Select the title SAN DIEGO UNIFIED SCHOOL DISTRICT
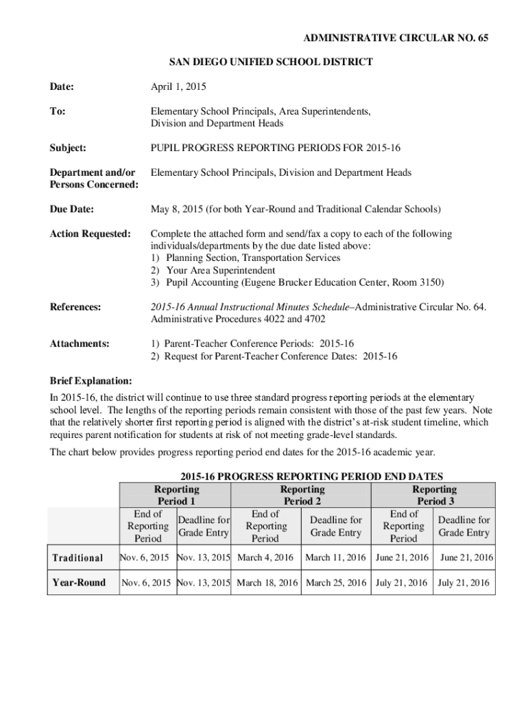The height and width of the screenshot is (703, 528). [271, 62]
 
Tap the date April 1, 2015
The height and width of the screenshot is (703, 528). [178, 87]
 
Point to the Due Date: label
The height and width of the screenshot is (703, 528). [71, 209]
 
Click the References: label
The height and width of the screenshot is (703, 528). [75, 307]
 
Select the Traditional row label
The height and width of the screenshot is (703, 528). [78, 557]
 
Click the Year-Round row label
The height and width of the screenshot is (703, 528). [79, 583]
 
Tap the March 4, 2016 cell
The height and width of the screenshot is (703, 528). [266, 557]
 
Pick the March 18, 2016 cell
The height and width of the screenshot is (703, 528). [267, 583]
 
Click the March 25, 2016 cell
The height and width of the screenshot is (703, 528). [336, 583]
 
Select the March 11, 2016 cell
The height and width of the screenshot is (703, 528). [335, 557]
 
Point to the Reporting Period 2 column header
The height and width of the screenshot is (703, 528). [302, 495]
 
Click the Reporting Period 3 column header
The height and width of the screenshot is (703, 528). [434, 495]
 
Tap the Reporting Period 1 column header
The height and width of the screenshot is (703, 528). [176, 495]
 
